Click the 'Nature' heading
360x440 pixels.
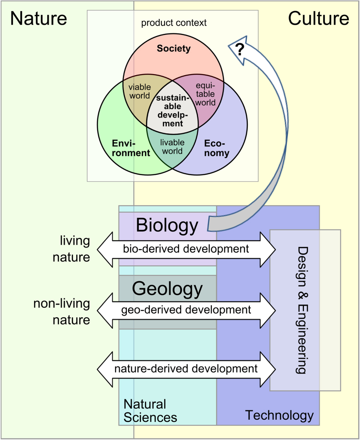38,18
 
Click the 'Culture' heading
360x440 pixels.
318,18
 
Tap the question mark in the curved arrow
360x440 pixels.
240,50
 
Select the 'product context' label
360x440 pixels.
174,23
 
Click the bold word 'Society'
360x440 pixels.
174,48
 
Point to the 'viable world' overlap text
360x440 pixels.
139,91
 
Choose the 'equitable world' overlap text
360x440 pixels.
205,94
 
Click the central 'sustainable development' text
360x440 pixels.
173,110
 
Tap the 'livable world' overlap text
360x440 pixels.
172,147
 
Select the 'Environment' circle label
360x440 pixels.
131,148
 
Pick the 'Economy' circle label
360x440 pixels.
216,148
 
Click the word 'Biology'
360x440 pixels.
167,225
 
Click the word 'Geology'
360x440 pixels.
167,289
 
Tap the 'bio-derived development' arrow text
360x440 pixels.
186,249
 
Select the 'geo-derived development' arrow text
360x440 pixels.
186,310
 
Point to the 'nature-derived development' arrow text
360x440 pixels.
186,369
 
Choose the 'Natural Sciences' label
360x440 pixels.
150,411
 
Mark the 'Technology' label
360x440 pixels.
279,415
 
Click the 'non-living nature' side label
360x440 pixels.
62,312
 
